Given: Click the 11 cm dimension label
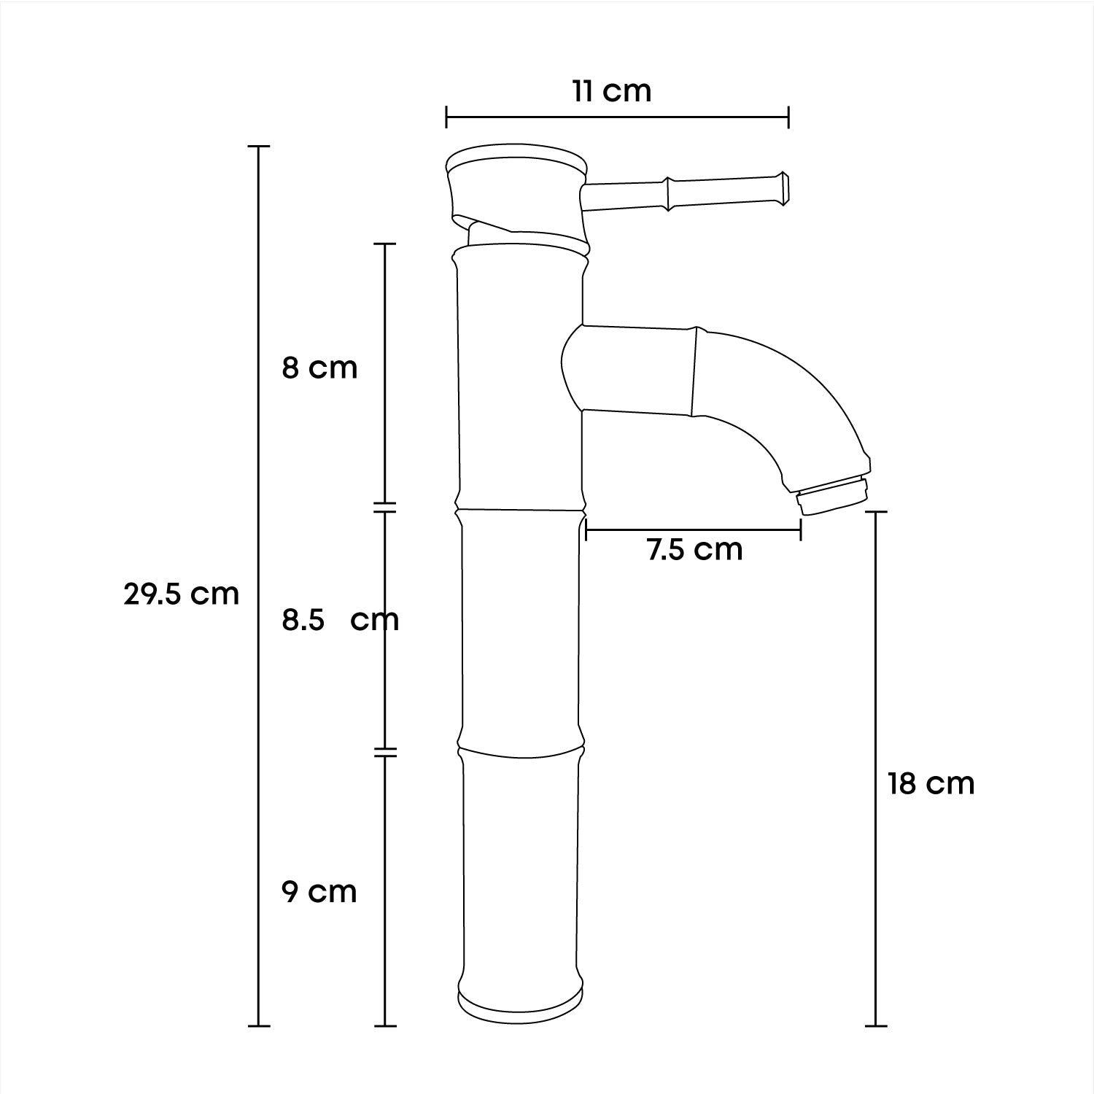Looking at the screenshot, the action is click(612, 91).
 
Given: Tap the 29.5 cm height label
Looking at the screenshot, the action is click(181, 594).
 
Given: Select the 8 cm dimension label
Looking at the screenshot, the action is click(319, 368).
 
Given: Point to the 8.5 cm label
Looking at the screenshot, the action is click(341, 620).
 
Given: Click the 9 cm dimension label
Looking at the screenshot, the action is click(319, 891).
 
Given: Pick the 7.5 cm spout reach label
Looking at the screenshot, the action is click(694, 549).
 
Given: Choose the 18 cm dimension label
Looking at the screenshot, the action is click(931, 783).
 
